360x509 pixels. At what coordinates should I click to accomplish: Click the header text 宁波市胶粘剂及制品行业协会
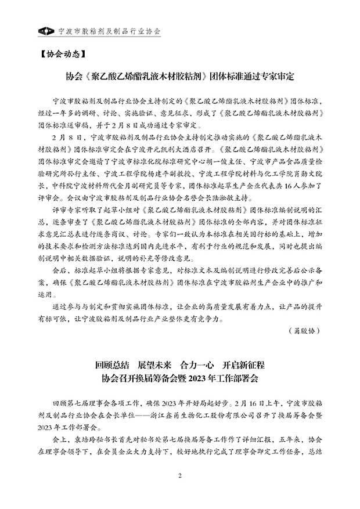(110, 30)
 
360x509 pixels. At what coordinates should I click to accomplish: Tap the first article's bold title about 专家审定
(180, 77)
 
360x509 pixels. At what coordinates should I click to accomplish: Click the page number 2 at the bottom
(180, 476)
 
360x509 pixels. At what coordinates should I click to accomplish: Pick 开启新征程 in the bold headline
(243, 366)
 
